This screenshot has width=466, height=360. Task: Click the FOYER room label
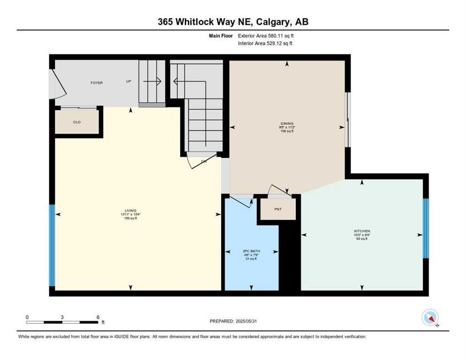[x=97, y=83]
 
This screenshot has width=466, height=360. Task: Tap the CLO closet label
[x=77, y=122]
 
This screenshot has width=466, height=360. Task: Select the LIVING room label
[x=131, y=211]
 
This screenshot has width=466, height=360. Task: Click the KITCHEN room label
[x=362, y=231]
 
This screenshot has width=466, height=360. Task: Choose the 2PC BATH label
[x=251, y=251]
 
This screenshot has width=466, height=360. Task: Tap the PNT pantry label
[x=278, y=209]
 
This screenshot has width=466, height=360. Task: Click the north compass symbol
[x=429, y=317]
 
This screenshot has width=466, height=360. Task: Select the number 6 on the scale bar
[x=98, y=317]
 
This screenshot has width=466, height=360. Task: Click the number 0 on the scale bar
[x=27, y=317]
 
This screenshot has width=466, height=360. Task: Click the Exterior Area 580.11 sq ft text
[x=266, y=36]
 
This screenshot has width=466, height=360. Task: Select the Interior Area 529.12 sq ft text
[x=266, y=44]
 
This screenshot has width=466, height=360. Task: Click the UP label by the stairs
[x=128, y=81]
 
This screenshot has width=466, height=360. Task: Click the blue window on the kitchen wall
[x=426, y=228]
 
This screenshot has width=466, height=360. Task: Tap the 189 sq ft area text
[x=131, y=218]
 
